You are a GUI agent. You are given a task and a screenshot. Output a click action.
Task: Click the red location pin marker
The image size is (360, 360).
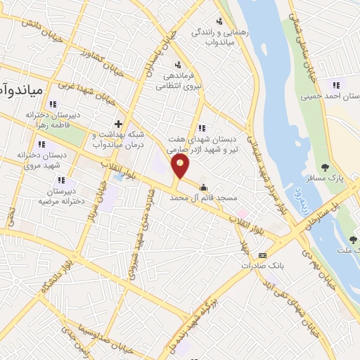(x=181, y=166)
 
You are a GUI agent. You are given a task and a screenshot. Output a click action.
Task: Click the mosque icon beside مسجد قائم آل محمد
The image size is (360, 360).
(x=204, y=188)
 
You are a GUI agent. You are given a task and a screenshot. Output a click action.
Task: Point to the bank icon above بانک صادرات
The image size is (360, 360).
(x=262, y=255)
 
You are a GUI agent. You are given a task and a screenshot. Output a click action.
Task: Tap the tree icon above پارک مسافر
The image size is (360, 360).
(x=325, y=167)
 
